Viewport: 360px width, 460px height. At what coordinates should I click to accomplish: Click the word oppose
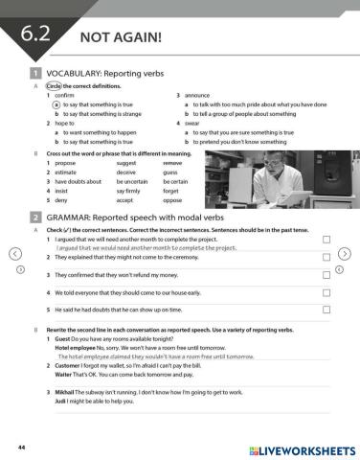tap(172, 199)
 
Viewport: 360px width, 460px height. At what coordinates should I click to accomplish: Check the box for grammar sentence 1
tap(326, 239)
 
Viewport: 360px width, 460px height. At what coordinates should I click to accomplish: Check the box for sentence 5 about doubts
tap(326, 310)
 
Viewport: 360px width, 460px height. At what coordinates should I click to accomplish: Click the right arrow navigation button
tap(346, 254)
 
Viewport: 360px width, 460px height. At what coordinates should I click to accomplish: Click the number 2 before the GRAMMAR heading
tap(34, 218)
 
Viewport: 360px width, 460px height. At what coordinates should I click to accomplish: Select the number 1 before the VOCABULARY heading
tap(34, 73)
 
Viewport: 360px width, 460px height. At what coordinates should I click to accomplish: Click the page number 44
tap(21, 447)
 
